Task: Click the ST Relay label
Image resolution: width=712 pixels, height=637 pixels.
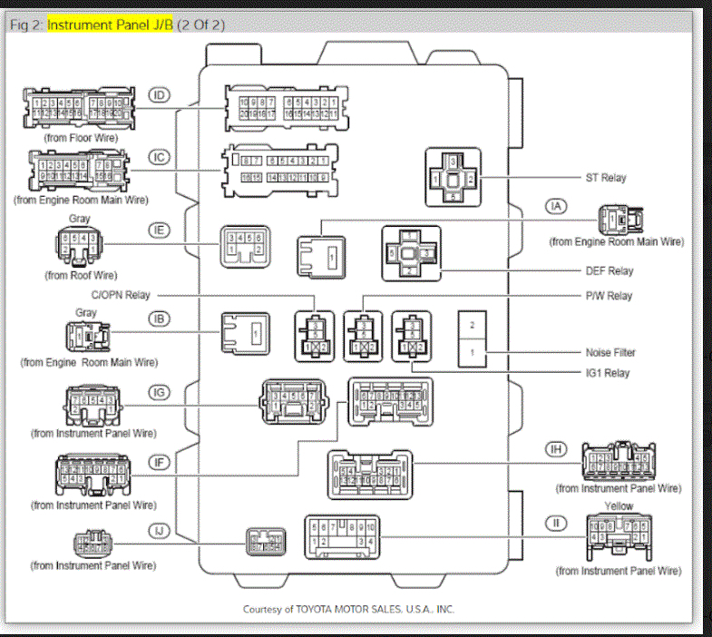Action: coord(606,178)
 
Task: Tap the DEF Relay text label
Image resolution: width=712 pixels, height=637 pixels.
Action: coord(609,270)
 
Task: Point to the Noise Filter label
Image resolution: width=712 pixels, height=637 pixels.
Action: coord(610,353)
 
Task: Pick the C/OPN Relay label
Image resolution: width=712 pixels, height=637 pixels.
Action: coord(120,295)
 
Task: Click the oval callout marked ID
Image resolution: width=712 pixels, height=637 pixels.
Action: coord(160,95)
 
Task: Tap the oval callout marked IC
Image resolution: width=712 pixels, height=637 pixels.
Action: coord(160,157)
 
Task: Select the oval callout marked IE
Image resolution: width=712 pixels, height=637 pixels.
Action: coord(160,230)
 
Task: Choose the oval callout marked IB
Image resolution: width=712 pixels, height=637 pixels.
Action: coord(160,318)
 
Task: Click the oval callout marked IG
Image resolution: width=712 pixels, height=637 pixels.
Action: coord(160,392)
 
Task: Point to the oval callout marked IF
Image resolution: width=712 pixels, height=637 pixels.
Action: coord(160,463)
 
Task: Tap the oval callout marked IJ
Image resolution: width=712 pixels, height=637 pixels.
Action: coord(160,529)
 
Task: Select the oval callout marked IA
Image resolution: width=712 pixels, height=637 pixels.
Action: coord(556,206)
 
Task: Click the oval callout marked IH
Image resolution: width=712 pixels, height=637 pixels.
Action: coord(556,449)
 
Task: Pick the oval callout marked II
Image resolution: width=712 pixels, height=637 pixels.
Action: coord(556,523)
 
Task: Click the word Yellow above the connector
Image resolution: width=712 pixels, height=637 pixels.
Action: coord(619,506)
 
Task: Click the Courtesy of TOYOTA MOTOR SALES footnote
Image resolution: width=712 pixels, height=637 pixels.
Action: coord(348,610)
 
